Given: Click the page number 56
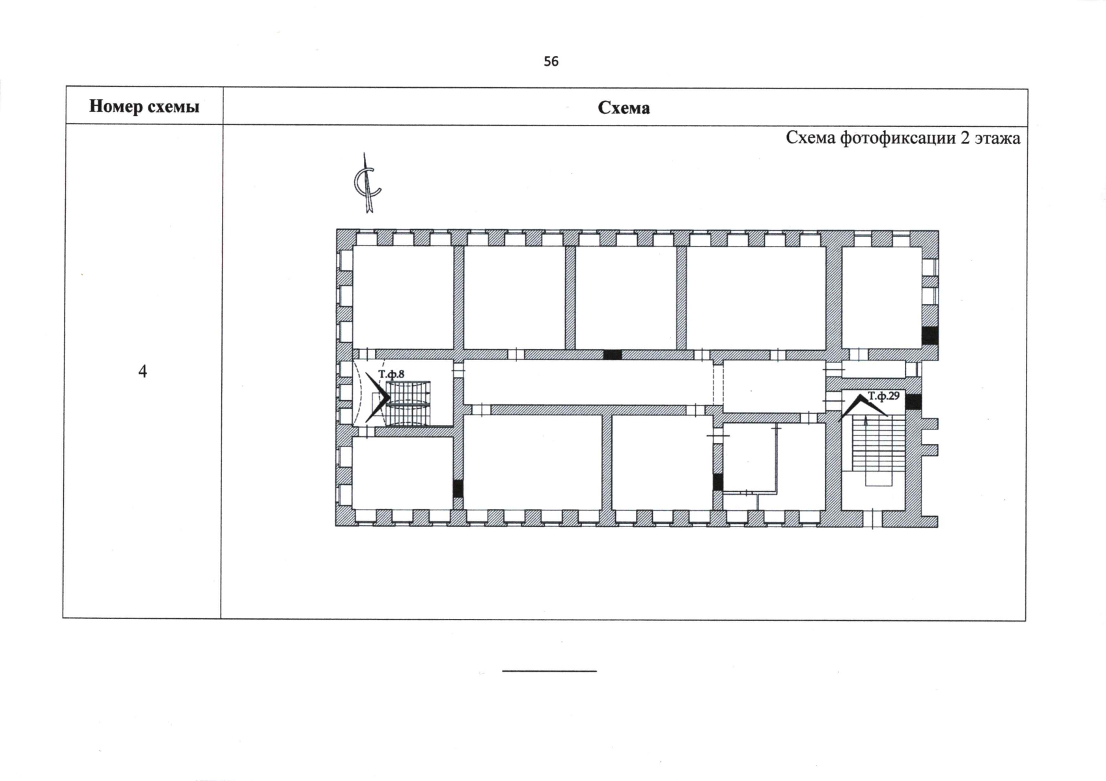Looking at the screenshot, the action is click(551, 61).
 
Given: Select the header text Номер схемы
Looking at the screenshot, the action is click(144, 106).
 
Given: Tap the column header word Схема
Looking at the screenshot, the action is click(624, 107).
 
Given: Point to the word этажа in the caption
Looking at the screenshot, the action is click(997, 139).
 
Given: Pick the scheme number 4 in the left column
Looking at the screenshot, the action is click(143, 371).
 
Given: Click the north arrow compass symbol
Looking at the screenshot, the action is click(367, 183).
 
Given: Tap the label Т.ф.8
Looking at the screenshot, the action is click(391, 374).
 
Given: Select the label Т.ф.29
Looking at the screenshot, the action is click(884, 396).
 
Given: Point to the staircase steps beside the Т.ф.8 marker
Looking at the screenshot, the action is click(408, 403).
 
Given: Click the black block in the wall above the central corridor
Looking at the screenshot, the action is click(613, 355).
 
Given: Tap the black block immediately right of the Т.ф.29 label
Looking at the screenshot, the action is click(913, 402).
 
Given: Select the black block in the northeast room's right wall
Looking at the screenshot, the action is click(930, 336).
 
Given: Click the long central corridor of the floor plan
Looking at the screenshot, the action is click(588, 382).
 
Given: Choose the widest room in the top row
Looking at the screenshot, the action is click(756, 297).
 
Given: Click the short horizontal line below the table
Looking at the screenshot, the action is click(549, 671).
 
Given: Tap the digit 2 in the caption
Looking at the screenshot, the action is click(965, 138).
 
